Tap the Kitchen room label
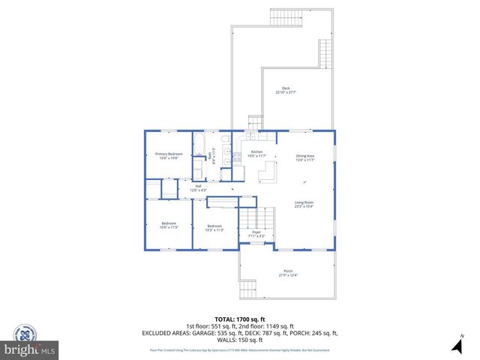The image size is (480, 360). click(x=256, y=154)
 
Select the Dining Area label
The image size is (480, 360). click(x=304, y=157)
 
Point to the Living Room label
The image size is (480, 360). click(x=304, y=204)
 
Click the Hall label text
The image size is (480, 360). click(x=198, y=187)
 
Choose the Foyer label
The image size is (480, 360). click(x=256, y=235)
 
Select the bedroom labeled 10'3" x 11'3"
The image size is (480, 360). click(x=214, y=228)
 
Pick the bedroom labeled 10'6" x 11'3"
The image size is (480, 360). click(x=168, y=225)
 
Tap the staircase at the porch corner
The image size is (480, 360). click(x=248, y=290)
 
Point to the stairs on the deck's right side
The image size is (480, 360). click(x=325, y=52)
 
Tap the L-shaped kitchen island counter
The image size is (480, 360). click(x=268, y=174)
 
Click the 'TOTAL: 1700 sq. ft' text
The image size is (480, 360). click(x=239, y=319)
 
